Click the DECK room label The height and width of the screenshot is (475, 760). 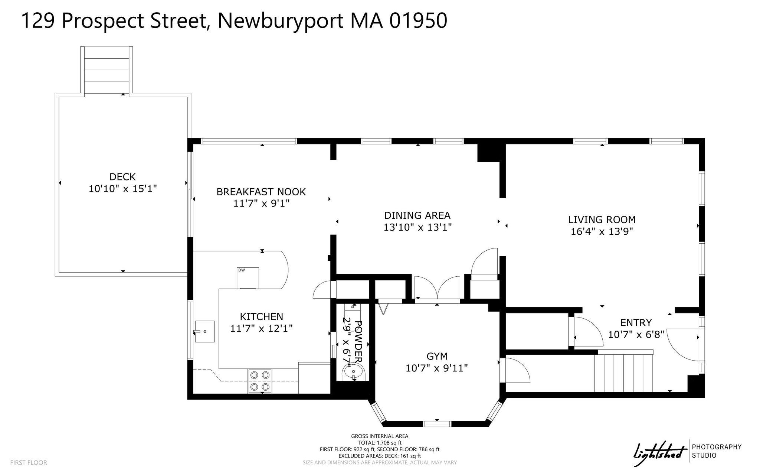122,177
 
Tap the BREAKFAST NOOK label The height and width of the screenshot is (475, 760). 261,192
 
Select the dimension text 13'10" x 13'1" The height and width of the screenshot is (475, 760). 417,227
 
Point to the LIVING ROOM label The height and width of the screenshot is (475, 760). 602,219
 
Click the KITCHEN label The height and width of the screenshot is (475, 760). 262,316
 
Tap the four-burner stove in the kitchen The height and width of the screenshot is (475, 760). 260,381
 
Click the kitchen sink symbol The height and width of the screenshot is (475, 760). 204,331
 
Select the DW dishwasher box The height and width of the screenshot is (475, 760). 248,277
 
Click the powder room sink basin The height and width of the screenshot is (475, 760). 354,371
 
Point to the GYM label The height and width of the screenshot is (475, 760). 437,357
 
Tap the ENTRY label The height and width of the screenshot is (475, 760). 636,322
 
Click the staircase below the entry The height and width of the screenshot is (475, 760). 623,372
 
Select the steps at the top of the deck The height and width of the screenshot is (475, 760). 107,71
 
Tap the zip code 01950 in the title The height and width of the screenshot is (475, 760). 418,20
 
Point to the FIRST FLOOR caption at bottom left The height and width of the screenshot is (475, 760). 29,463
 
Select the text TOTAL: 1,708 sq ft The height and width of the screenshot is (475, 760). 380,443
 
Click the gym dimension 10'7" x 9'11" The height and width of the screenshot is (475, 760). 437,368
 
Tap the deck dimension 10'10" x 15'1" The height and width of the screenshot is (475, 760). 122,189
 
